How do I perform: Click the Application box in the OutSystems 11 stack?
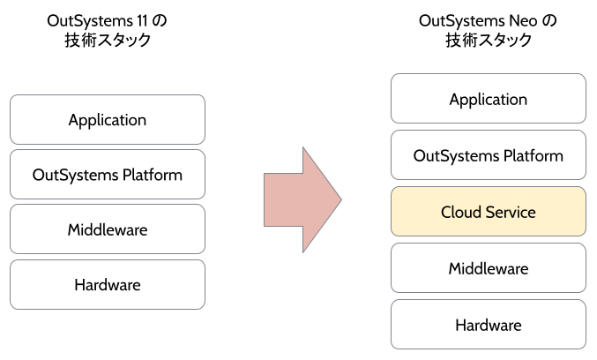[107, 120]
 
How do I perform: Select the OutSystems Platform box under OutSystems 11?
[107, 175]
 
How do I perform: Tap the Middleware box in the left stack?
[107, 229]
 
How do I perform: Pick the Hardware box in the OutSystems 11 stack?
[107, 284]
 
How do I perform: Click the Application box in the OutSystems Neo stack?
[488, 99]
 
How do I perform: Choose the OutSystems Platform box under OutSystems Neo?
[488, 155]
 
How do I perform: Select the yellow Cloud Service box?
[488, 212]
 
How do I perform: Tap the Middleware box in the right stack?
[488, 268]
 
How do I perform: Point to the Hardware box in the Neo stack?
[488, 325]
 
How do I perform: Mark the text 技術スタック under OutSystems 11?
[108, 41]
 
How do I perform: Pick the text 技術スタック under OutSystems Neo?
[488, 41]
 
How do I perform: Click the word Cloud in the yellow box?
[460, 212]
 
